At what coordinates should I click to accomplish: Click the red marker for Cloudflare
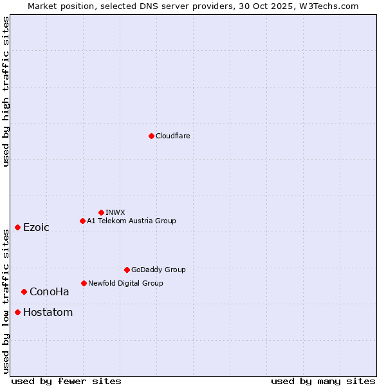tap(151, 136)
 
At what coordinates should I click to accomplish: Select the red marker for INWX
tap(101, 212)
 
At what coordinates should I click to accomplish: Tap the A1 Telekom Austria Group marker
tap(82, 221)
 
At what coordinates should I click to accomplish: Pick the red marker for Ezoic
tap(17, 227)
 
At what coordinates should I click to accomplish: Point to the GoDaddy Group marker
tap(127, 270)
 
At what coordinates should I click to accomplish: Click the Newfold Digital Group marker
tap(84, 283)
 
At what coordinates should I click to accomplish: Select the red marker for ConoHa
tap(24, 291)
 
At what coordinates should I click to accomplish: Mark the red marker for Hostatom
tap(17, 312)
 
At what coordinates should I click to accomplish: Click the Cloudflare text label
tap(173, 136)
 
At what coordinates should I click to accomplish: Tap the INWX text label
tap(115, 212)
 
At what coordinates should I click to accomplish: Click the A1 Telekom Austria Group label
tap(131, 221)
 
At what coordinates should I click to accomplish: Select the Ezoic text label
tap(36, 227)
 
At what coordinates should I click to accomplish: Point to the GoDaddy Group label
tap(158, 270)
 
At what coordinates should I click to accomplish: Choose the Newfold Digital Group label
tap(125, 283)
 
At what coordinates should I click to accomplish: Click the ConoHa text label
tap(50, 291)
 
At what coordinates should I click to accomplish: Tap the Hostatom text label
tap(48, 313)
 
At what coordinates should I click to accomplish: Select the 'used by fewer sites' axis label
tap(66, 381)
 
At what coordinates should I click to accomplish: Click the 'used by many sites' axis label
tap(323, 381)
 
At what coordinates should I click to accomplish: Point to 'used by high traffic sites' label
tap(6, 91)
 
